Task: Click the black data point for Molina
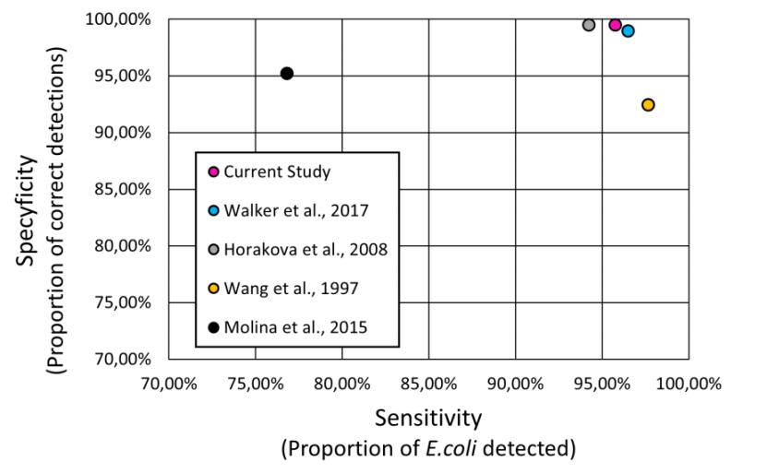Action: coord(287,73)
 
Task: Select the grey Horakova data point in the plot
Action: coord(589,25)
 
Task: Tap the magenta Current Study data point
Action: coord(616,25)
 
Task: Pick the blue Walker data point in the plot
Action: coord(629,30)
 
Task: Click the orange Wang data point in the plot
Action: coord(648,105)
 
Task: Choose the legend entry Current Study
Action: coord(277,171)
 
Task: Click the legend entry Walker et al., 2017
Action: coord(295,210)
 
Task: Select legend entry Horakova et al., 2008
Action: coord(305,249)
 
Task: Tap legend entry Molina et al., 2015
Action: coord(295,326)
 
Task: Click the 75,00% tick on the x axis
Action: coord(255,379)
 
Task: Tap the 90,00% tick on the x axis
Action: coord(515,379)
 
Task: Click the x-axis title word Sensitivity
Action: coord(428,418)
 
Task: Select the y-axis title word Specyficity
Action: coord(29,211)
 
